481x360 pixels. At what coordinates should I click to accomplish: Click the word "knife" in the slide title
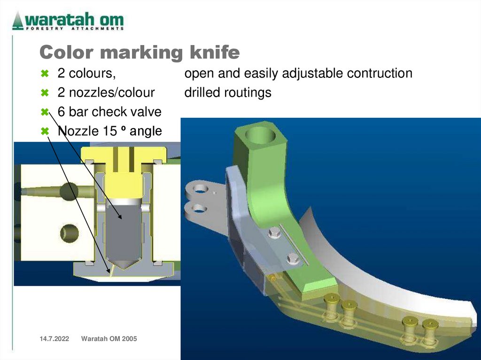tap(214, 53)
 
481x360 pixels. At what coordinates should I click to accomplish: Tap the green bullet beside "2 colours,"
tap(45, 74)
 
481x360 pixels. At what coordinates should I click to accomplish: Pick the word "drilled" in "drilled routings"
tap(202, 92)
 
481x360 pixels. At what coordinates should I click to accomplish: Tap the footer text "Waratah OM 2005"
tap(109, 339)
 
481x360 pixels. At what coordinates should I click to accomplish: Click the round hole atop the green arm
tap(260, 135)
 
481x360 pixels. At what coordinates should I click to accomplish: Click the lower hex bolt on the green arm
tap(293, 258)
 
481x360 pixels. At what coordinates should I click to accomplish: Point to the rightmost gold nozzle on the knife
tap(430, 324)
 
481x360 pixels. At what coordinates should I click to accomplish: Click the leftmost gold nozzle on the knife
tap(332, 299)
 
